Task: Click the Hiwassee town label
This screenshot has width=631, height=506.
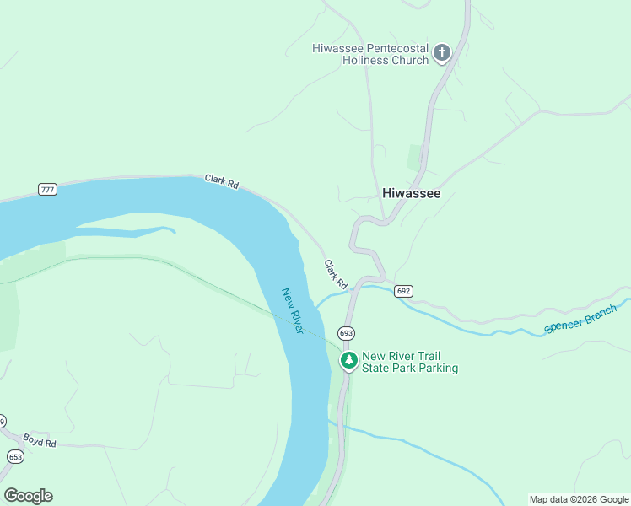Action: (x=411, y=193)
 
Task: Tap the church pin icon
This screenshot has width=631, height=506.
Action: (x=441, y=54)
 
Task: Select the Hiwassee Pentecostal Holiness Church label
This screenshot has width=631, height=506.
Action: (x=370, y=54)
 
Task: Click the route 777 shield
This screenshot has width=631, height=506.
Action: (x=47, y=190)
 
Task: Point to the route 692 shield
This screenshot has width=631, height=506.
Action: (x=403, y=291)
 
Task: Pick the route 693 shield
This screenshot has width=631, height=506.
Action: (x=346, y=333)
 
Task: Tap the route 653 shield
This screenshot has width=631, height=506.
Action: (x=15, y=456)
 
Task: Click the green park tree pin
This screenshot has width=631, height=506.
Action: (x=349, y=361)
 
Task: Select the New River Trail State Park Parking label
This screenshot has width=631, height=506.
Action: (x=410, y=362)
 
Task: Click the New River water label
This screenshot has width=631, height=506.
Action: (x=293, y=310)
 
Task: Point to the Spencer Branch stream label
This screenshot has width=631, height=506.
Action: (x=581, y=318)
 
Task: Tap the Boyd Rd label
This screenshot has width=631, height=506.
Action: (x=39, y=440)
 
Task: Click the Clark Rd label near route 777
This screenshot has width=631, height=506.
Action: (x=222, y=181)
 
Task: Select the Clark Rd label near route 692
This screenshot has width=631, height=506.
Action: (x=336, y=274)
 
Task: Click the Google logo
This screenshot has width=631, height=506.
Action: (x=28, y=495)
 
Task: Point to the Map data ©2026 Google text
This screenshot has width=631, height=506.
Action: (x=579, y=499)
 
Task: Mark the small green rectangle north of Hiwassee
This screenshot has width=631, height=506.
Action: (x=415, y=158)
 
